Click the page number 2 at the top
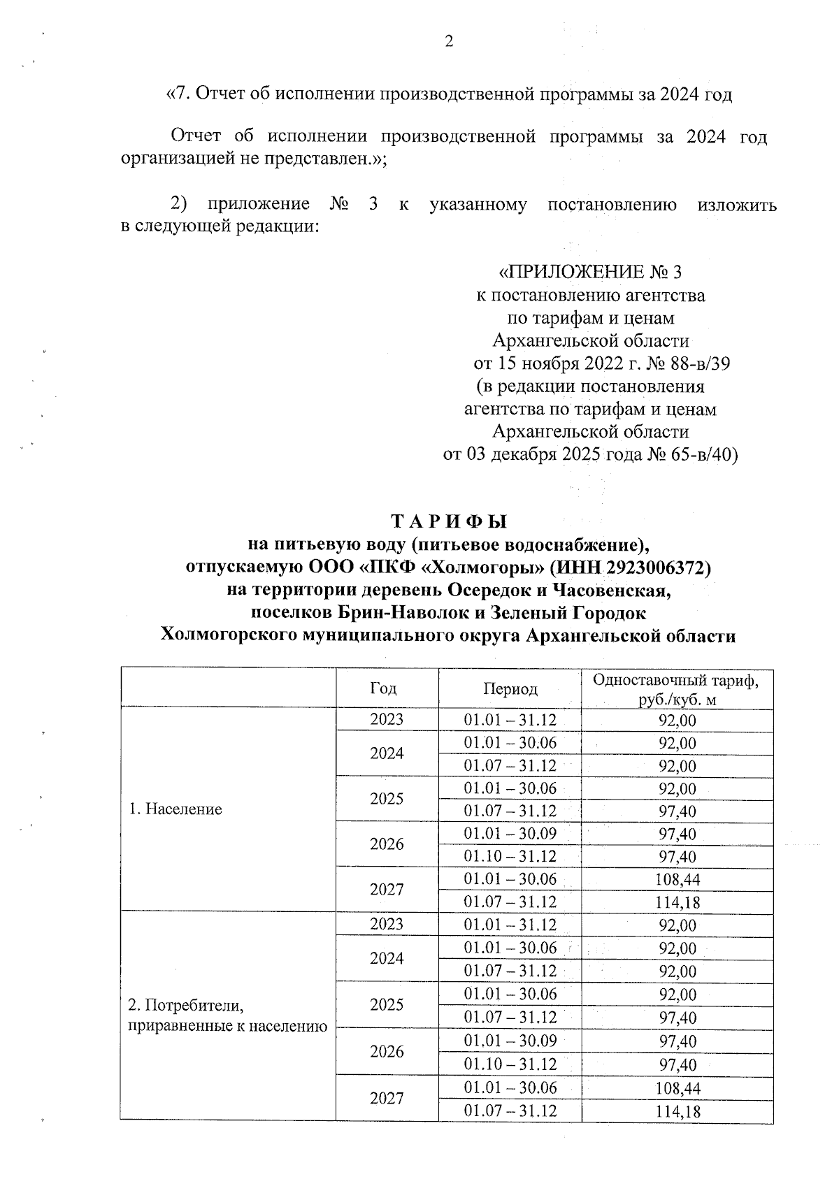coord(449,41)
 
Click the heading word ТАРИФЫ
coord(449,522)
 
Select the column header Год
coord(383,688)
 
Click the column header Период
coord(510,689)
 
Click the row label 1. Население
coord(175,809)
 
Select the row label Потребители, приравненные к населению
coord(227,1015)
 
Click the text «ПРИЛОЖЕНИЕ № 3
coord(589,272)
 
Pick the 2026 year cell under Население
coord(387,844)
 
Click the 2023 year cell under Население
coord(387,720)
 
